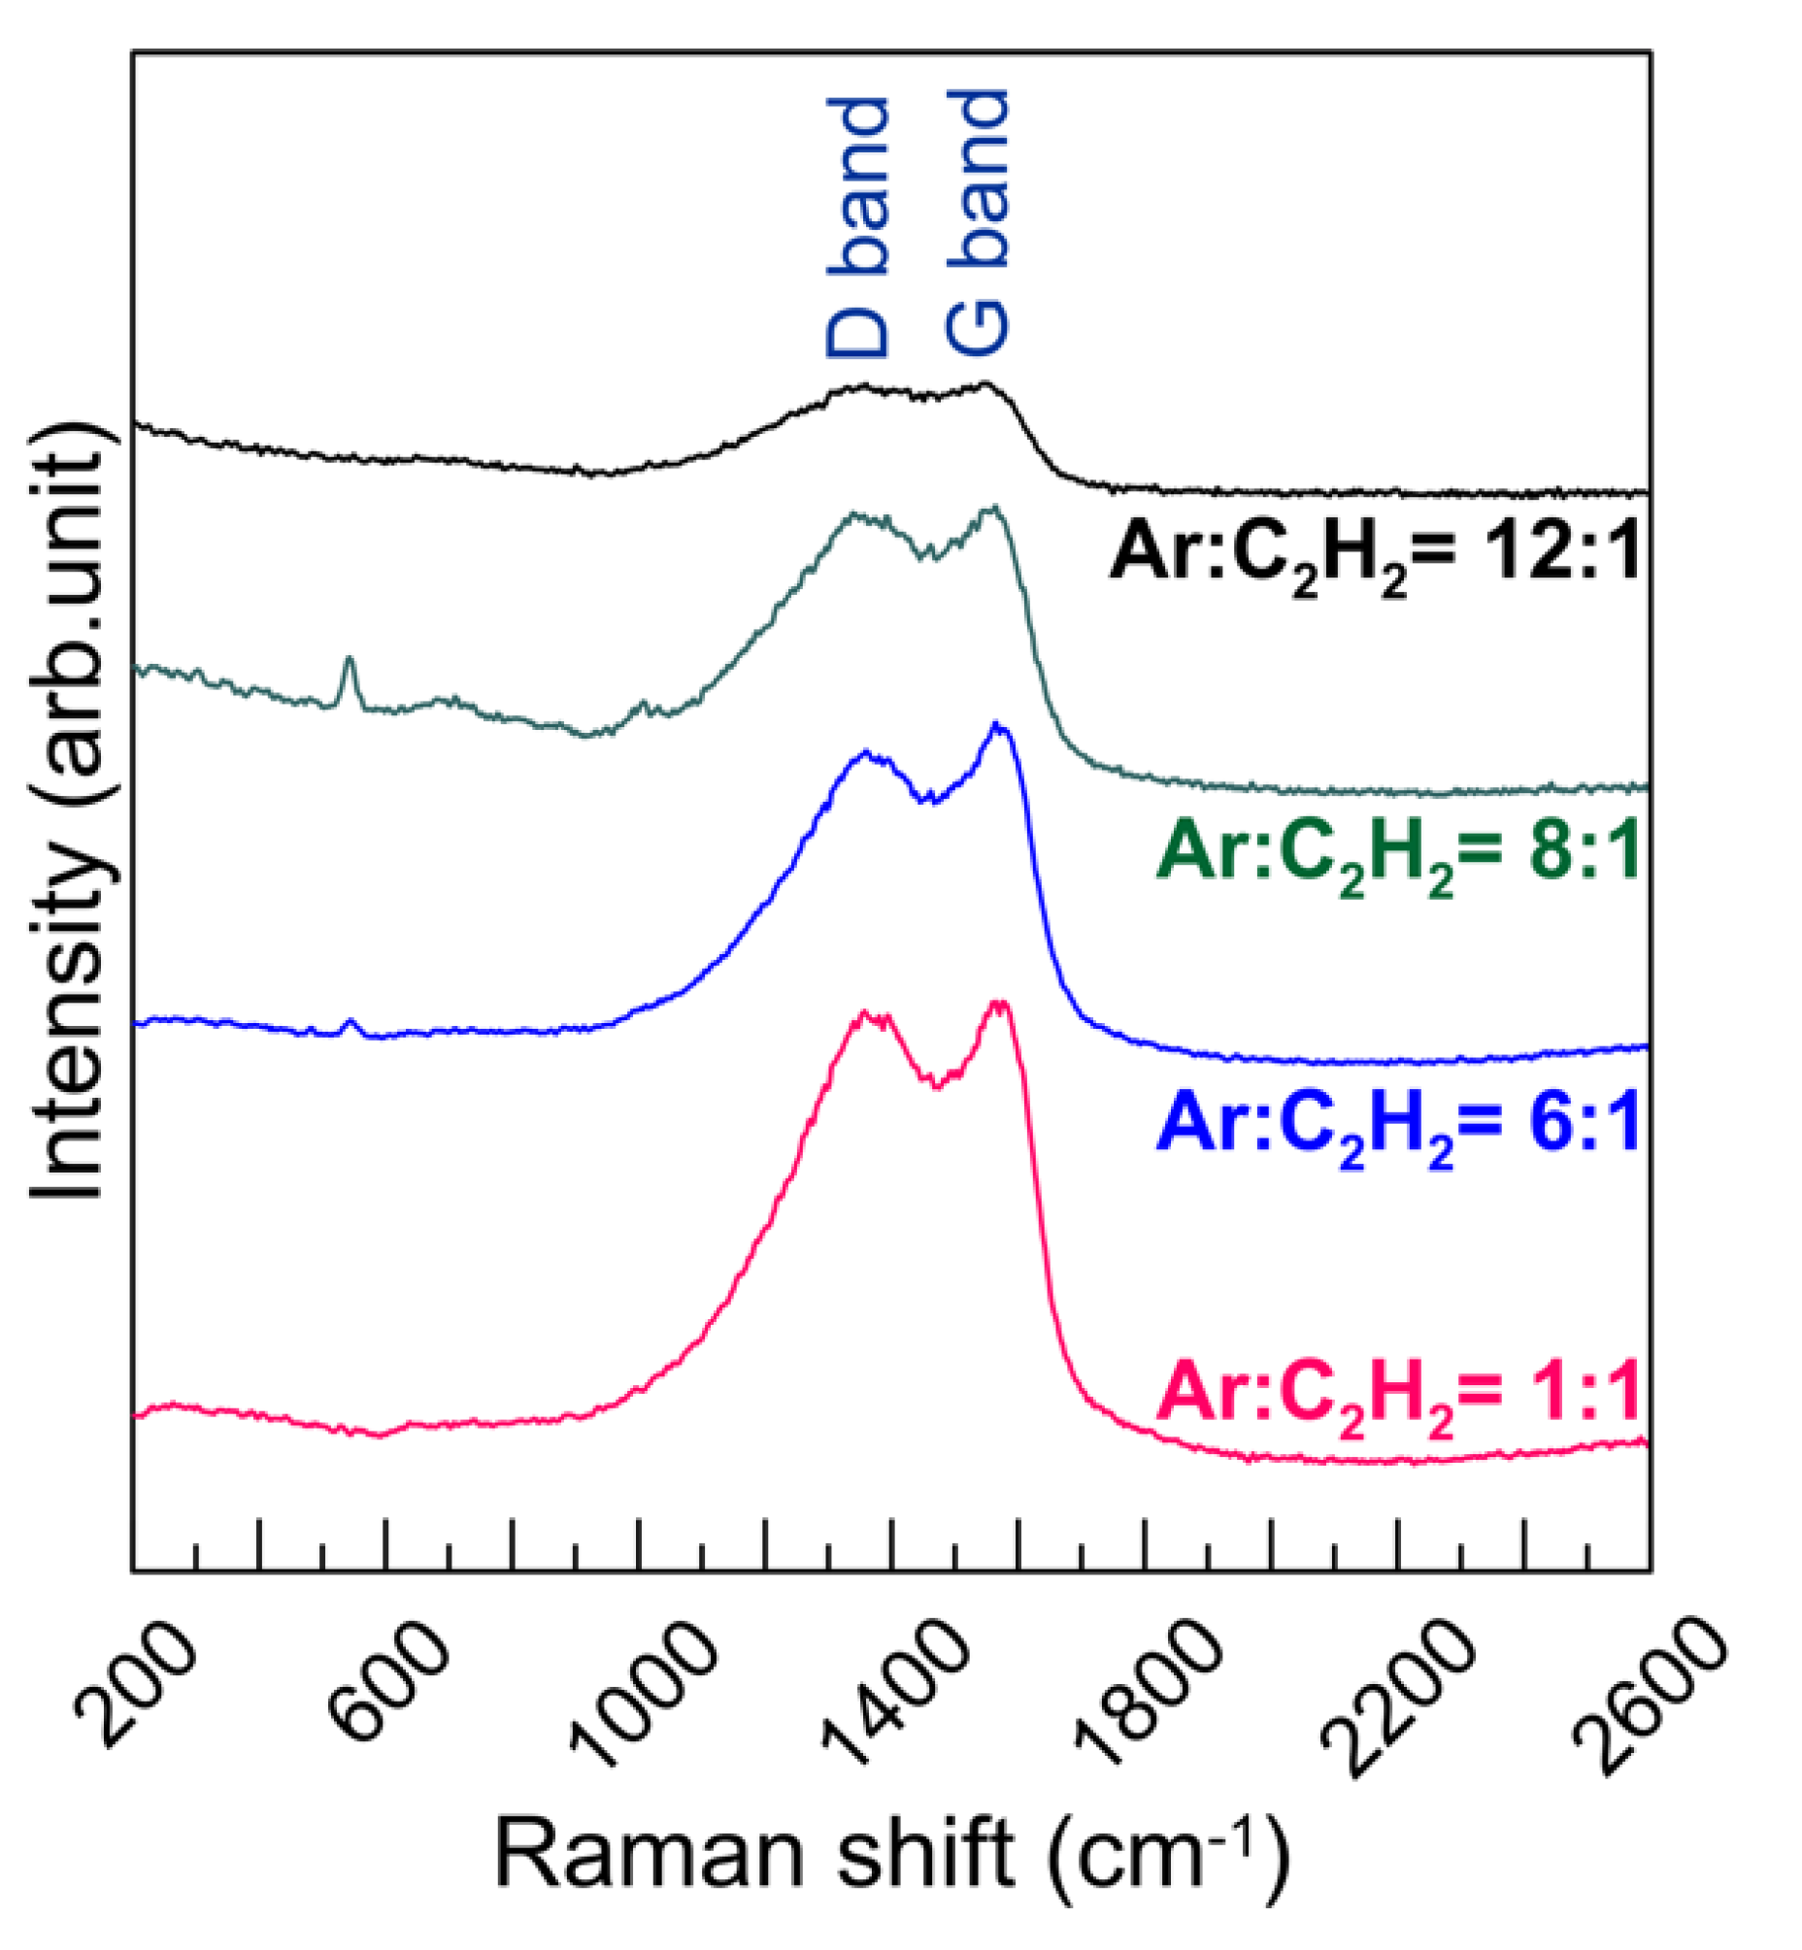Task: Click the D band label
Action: [858, 228]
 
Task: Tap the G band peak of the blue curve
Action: [995, 726]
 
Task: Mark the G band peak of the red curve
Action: [997, 1005]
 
